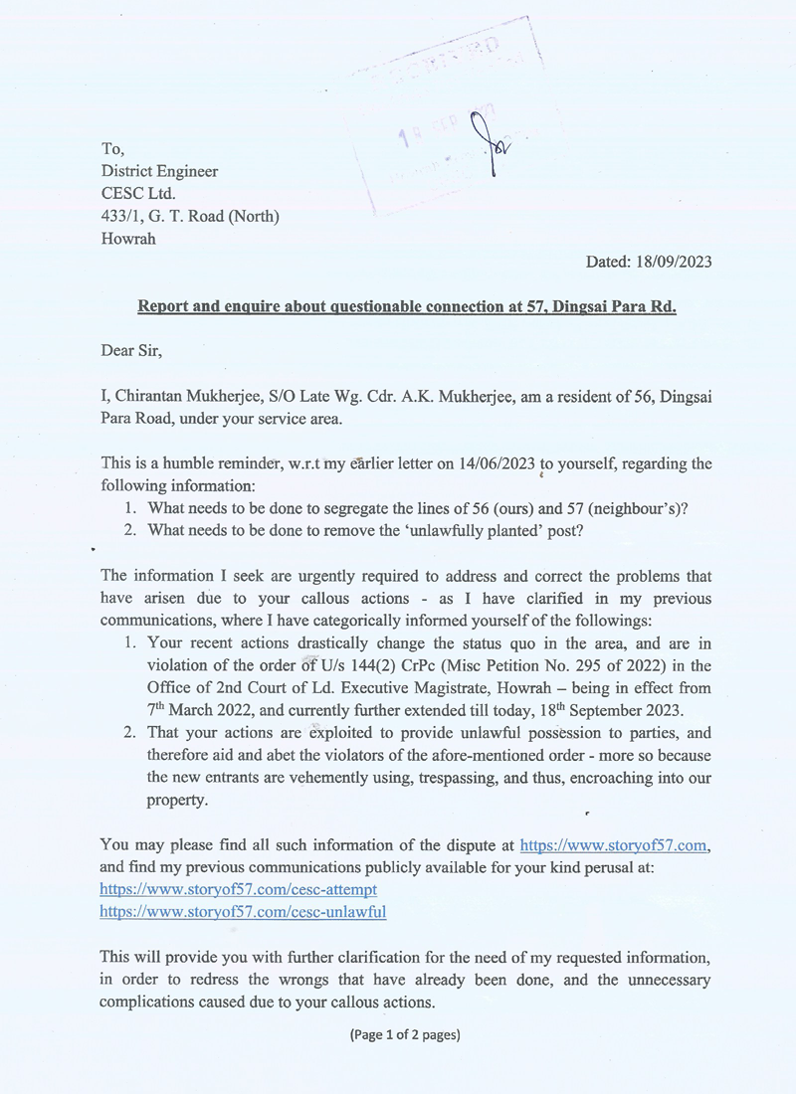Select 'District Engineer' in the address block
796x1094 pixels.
tap(159, 171)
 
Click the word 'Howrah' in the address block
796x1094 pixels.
tap(129, 238)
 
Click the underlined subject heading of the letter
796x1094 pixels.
tap(406, 306)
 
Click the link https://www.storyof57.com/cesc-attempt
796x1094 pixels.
tap(239, 889)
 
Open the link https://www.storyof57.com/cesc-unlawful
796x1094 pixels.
tap(243, 911)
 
